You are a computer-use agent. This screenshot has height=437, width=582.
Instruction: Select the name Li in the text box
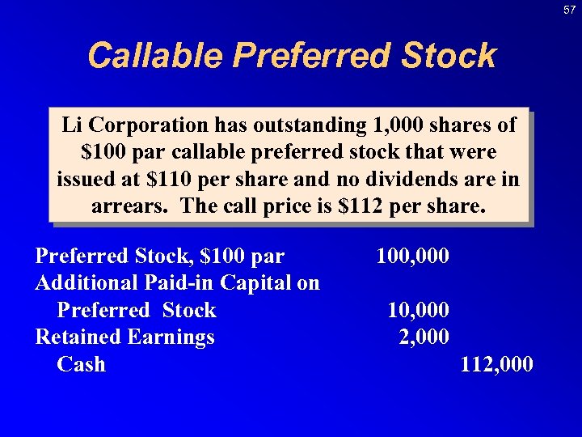72,126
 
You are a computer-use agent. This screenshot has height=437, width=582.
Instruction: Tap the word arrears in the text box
130,206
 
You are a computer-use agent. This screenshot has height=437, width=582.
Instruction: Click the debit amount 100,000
413,257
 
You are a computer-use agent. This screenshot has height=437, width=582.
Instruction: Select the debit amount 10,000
419,310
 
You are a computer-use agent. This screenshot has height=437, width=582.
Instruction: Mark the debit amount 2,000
424,337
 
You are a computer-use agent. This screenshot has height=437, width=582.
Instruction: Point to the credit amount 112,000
496,364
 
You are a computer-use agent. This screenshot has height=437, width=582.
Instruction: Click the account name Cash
81,364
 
